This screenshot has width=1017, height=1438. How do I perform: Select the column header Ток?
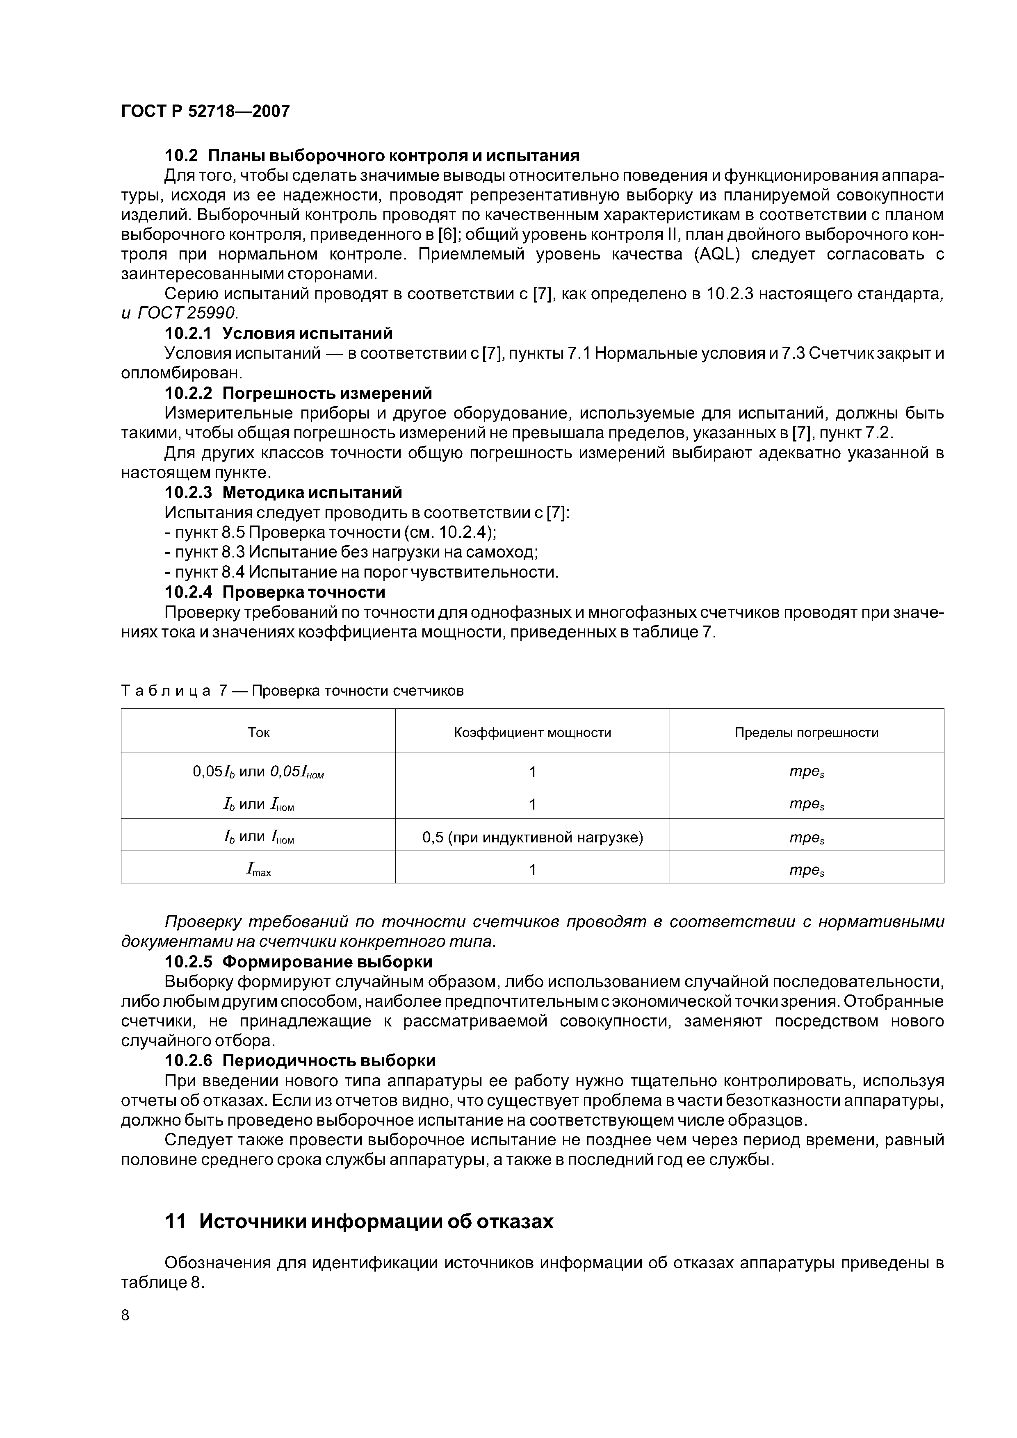pyautogui.click(x=258, y=732)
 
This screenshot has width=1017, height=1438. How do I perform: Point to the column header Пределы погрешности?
pyautogui.click(x=807, y=732)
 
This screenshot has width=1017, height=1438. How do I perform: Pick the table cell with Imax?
pyautogui.click(x=258, y=869)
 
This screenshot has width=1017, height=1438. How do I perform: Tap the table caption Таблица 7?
pyautogui.click(x=292, y=691)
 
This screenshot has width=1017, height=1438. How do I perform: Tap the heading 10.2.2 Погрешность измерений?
pyautogui.click(x=298, y=394)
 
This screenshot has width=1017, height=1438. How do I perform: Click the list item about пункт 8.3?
pyautogui.click(x=351, y=553)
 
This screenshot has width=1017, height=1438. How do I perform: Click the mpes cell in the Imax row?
pyautogui.click(x=807, y=870)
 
